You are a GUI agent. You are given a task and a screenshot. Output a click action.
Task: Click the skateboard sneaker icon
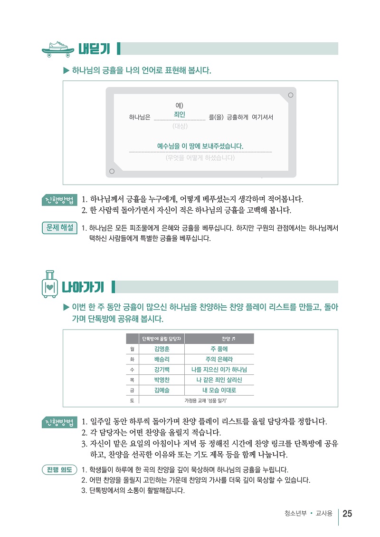pyautogui.click(x=58, y=49)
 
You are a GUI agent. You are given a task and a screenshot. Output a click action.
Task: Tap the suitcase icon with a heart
pyautogui.click(x=49, y=284)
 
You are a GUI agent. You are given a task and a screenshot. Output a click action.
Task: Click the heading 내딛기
pyautogui.click(x=94, y=49)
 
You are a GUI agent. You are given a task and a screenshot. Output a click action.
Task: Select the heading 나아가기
pyautogui.click(x=83, y=287)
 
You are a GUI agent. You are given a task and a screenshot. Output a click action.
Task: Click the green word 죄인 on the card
pyautogui.click(x=180, y=114)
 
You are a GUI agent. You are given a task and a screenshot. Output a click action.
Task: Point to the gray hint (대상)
pyautogui.click(x=180, y=126)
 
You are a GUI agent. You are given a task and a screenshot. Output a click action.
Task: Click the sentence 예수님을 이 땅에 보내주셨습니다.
pyautogui.click(x=200, y=146)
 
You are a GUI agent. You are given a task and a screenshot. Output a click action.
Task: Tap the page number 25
pyautogui.click(x=347, y=513)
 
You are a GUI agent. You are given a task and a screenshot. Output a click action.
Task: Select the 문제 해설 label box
pyautogui.click(x=59, y=228)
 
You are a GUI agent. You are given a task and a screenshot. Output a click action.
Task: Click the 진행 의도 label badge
pyautogui.click(x=59, y=469)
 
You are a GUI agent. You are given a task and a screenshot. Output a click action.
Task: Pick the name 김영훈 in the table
pyautogui.click(x=162, y=349)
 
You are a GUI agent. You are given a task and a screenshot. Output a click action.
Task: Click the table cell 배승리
pyautogui.click(x=162, y=359)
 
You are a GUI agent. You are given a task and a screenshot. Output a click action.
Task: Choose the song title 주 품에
pyautogui.click(x=219, y=349)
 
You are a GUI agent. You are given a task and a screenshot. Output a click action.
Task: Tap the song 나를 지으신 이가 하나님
pyautogui.click(x=219, y=370)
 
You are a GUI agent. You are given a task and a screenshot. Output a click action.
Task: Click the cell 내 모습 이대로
pyautogui.click(x=219, y=390)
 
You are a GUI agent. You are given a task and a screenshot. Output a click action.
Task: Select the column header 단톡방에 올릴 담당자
pyautogui.click(x=161, y=339)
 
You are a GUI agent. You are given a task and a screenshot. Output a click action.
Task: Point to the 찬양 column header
pyautogui.click(x=228, y=339)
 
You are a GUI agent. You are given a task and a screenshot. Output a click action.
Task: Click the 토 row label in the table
pyautogui.click(x=132, y=400)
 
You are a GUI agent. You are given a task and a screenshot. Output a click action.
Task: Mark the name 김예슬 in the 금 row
pyautogui.click(x=162, y=390)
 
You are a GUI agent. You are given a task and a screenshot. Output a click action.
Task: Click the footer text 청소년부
pyautogui.click(x=295, y=513)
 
